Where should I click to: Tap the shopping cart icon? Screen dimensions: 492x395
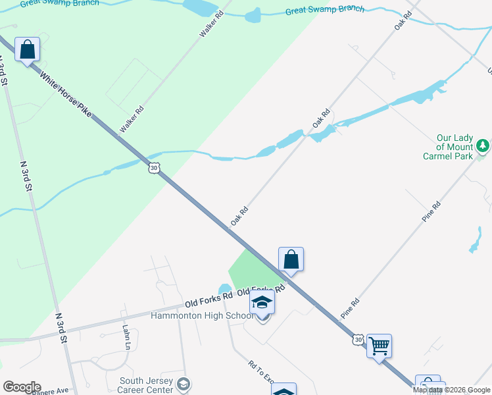[379, 345]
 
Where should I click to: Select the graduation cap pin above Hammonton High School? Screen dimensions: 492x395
[262, 303]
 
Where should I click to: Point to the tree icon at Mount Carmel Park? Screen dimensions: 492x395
[483, 145]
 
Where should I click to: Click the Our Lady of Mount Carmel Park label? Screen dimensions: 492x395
[455, 147]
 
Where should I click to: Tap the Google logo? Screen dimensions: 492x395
[22, 387]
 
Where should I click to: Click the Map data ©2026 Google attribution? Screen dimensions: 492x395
[451, 390]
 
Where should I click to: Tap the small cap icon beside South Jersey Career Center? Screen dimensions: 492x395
[185, 384]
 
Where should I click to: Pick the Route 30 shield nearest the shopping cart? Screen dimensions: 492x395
[357, 339]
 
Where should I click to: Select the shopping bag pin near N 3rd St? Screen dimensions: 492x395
[27, 49]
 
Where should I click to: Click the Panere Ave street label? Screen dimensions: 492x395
[50, 390]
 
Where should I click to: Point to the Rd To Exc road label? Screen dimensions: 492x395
[260, 372]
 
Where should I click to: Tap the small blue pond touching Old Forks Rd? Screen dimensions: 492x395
[224, 289]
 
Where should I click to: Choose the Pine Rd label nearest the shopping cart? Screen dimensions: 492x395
[350, 309]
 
